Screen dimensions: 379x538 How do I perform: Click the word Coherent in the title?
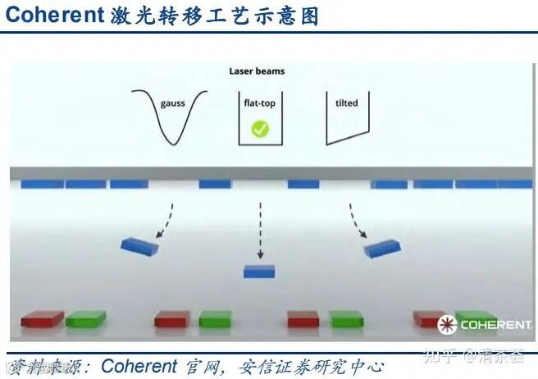pyautogui.click(x=54, y=16)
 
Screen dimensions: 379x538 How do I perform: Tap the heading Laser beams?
pyautogui.click(x=257, y=71)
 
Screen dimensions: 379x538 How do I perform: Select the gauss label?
pyautogui.click(x=172, y=104)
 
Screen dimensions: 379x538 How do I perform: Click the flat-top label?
pyautogui.click(x=259, y=104)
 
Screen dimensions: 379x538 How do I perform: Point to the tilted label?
pyautogui.click(x=347, y=104)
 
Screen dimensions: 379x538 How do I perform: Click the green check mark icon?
pyautogui.click(x=259, y=129)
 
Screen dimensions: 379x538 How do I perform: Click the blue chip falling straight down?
pyautogui.click(x=259, y=272)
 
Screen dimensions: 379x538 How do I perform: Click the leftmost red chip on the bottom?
pyautogui.click(x=43, y=318)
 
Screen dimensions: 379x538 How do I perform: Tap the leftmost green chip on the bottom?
pyautogui.click(x=86, y=318)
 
